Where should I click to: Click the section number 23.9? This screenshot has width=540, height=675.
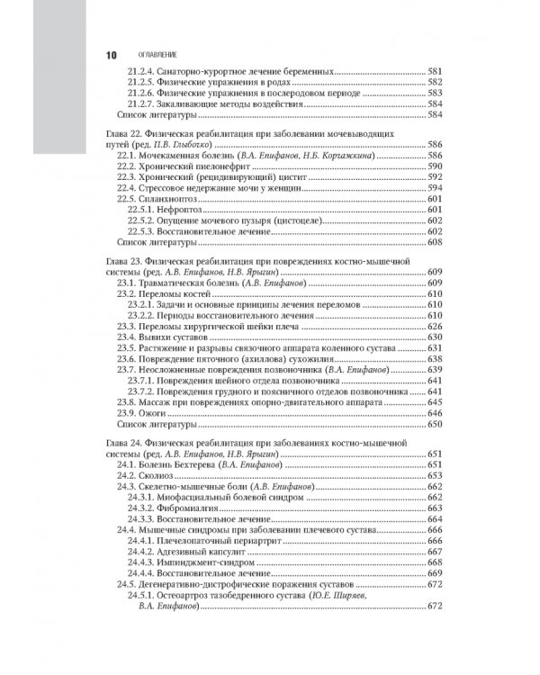129,411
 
